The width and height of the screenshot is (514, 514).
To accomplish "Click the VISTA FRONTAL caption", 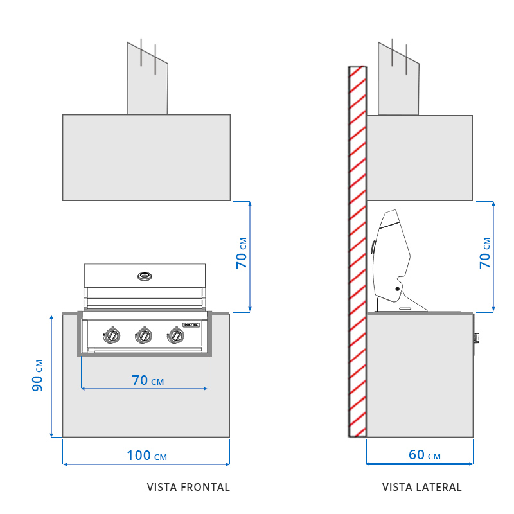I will pyautogui.click(x=188, y=487).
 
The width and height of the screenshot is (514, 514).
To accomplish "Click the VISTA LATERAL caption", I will pyautogui.click(x=421, y=487).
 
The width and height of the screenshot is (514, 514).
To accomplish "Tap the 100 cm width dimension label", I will pyautogui.click(x=146, y=456).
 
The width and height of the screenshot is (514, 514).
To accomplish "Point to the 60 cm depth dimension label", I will pyautogui.click(x=425, y=455).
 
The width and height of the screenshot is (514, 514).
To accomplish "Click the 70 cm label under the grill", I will pyautogui.click(x=148, y=380).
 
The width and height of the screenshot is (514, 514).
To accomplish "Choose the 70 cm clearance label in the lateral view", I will pyautogui.click(x=485, y=253).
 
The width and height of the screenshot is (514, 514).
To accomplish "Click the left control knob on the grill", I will pyautogui.click(x=112, y=335).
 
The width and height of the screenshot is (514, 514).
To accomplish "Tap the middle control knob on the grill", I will pyautogui.click(x=144, y=335).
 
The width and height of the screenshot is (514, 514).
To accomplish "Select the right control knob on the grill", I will pyautogui.click(x=175, y=335).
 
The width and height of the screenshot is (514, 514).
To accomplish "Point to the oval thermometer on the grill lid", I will pyautogui.click(x=145, y=276).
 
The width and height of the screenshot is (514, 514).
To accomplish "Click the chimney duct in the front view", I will pyautogui.click(x=147, y=80).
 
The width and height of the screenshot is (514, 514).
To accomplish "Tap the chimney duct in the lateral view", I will pyautogui.click(x=398, y=80).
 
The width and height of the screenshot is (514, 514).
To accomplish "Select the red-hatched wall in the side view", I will pyautogui.click(x=357, y=251).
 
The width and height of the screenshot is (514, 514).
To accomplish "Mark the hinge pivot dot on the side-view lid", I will pyautogui.click(x=397, y=289).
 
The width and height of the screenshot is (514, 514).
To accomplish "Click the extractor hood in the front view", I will pyautogui.click(x=146, y=157).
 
